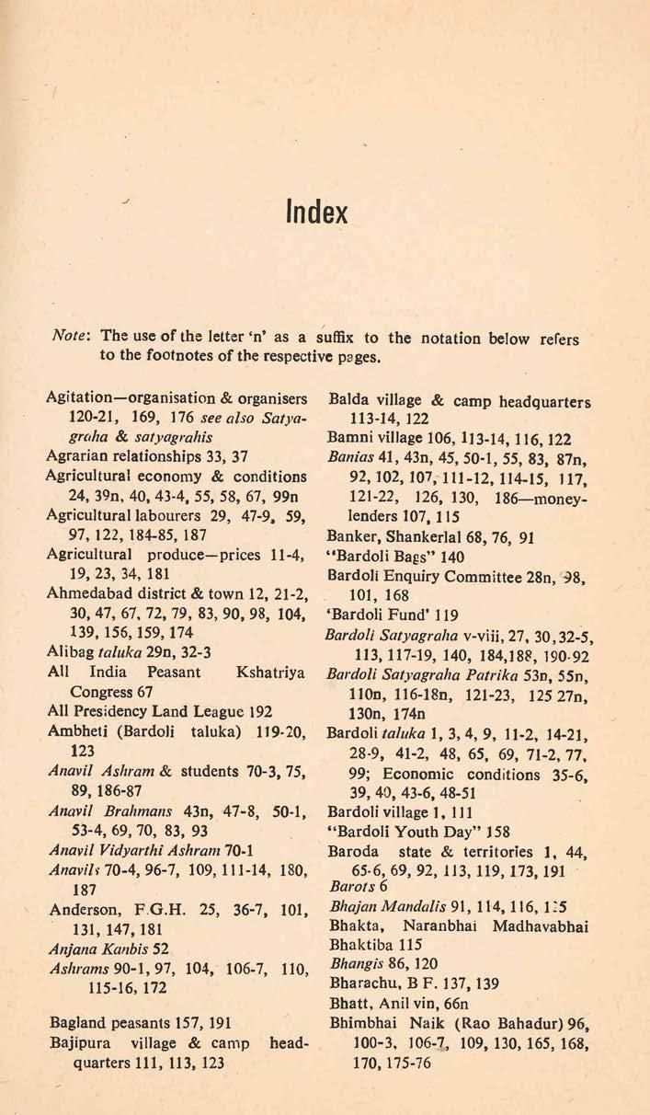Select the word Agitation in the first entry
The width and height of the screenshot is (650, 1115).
click(80, 398)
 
